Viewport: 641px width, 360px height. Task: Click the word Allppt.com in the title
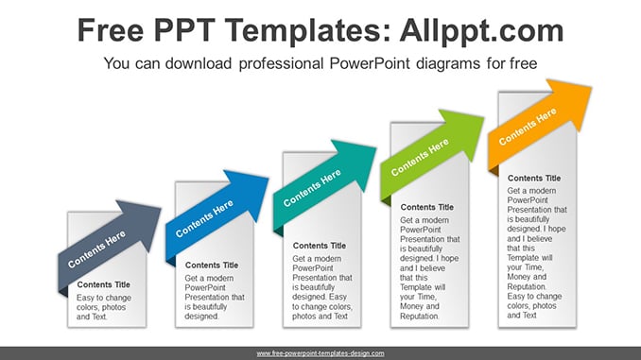pyautogui.click(x=481, y=31)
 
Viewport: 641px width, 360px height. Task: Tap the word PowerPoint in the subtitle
pyautogui.click(x=370, y=63)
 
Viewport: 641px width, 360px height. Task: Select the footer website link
pyautogui.click(x=320, y=353)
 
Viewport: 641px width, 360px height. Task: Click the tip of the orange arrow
pyautogui.click(x=591, y=87)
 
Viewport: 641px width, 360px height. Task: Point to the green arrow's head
pyautogui.click(x=466, y=130)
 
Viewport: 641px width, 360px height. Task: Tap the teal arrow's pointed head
pyautogui.click(x=358, y=162)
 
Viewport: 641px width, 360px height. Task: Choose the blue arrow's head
pyautogui.click(x=251, y=192)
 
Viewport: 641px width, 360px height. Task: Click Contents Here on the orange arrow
pyautogui.click(x=528, y=126)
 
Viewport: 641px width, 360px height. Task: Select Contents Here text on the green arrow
pyautogui.click(x=420, y=157)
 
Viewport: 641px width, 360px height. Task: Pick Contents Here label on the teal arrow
pyautogui.click(x=312, y=188)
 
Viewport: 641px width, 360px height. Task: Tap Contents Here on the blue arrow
pyautogui.click(x=204, y=218)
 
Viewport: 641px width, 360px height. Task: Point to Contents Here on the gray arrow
pyautogui.click(x=96, y=249)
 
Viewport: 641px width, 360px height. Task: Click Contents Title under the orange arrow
pyautogui.click(x=534, y=179)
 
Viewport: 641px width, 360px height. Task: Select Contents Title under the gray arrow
pyautogui.click(x=103, y=284)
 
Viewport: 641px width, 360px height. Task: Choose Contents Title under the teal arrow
pyautogui.click(x=320, y=246)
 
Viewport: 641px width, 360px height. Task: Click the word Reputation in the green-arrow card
pyautogui.click(x=420, y=317)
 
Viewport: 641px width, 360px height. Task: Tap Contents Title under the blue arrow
pyautogui.click(x=212, y=266)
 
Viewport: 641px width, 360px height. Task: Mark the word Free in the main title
pyautogui.click(x=111, y=30)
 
